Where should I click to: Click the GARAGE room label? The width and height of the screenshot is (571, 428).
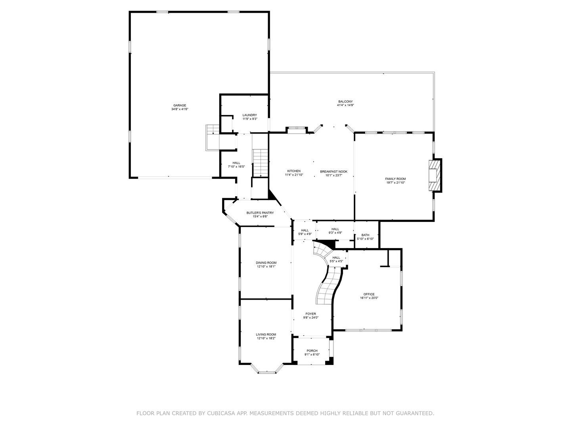click(x=179, y=105)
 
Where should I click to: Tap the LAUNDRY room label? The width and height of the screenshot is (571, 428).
click(x=250, y=115)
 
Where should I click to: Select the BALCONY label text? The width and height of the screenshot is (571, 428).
click(x=345, y=101)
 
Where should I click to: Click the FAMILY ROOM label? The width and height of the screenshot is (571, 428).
click(x=395, y=179)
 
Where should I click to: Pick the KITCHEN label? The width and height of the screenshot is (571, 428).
click(x=294, y=171)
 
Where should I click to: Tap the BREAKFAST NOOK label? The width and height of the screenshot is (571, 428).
click(x=333, y=171)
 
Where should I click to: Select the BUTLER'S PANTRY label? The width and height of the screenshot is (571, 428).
click(x=260, y=213)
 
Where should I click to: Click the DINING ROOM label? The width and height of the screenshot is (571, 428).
click(x=266, y=263)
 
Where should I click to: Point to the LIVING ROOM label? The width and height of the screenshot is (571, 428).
click(x=266, y=334)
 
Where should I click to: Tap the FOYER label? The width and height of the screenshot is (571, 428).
click(x=310, y=314)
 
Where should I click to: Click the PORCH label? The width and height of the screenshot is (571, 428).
click(x=312, y=351)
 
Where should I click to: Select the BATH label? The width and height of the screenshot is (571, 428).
click(x=365, y=235)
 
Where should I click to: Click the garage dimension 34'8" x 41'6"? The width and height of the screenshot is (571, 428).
click(x=179, y=109)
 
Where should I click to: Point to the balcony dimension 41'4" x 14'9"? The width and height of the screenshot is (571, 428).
click(x=345, y=105)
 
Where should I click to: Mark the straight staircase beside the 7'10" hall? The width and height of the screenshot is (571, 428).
click(x=260, y=162)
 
